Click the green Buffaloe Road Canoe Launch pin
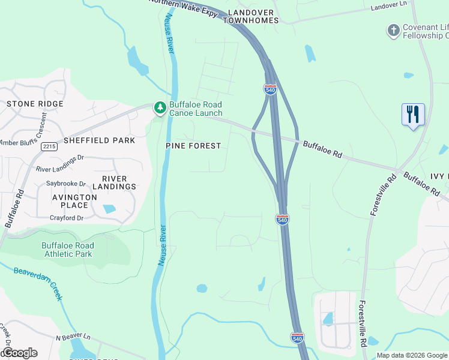pyautogui.click(x=160, y=108)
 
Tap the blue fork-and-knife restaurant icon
pyautogui.click(x=413, y=114)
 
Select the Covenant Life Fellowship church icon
pyautogui.click(x=393, y=31)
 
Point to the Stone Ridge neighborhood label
pyautogui.click(x=35, y=104)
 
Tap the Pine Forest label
pyautogui.click(x=193, y=146)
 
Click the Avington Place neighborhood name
pyautogui.click(x=74, y=201)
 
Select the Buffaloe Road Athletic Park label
pyautogui.click(x=67, y=250)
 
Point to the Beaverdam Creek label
pyautogui.click(x=38, y=284)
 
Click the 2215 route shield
pyautogui.click(x=49, y=146)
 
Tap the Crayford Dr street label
pyautogui.click(x=66, y=218)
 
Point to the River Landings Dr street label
pyautogui.click(x=64, y=170)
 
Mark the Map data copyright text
pyautogui.click(x=411, y=355)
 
